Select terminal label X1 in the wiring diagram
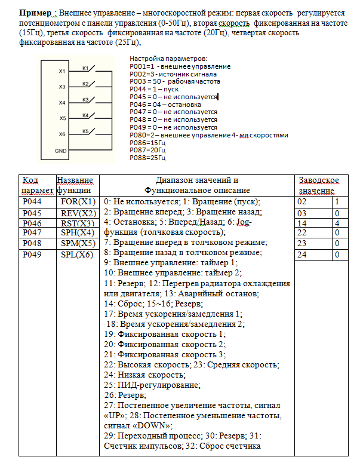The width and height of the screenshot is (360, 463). (x=61, y=71)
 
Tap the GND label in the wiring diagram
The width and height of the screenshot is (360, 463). (x=61, y=151)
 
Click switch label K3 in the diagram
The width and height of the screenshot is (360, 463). (x=85, y=99)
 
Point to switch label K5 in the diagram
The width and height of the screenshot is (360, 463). (x=85, y=131)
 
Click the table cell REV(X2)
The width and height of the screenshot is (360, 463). (x=78, y=213)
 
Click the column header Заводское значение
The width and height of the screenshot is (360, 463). (x=318, y=185)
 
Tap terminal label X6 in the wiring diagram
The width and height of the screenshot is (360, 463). (x=61, y=134)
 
